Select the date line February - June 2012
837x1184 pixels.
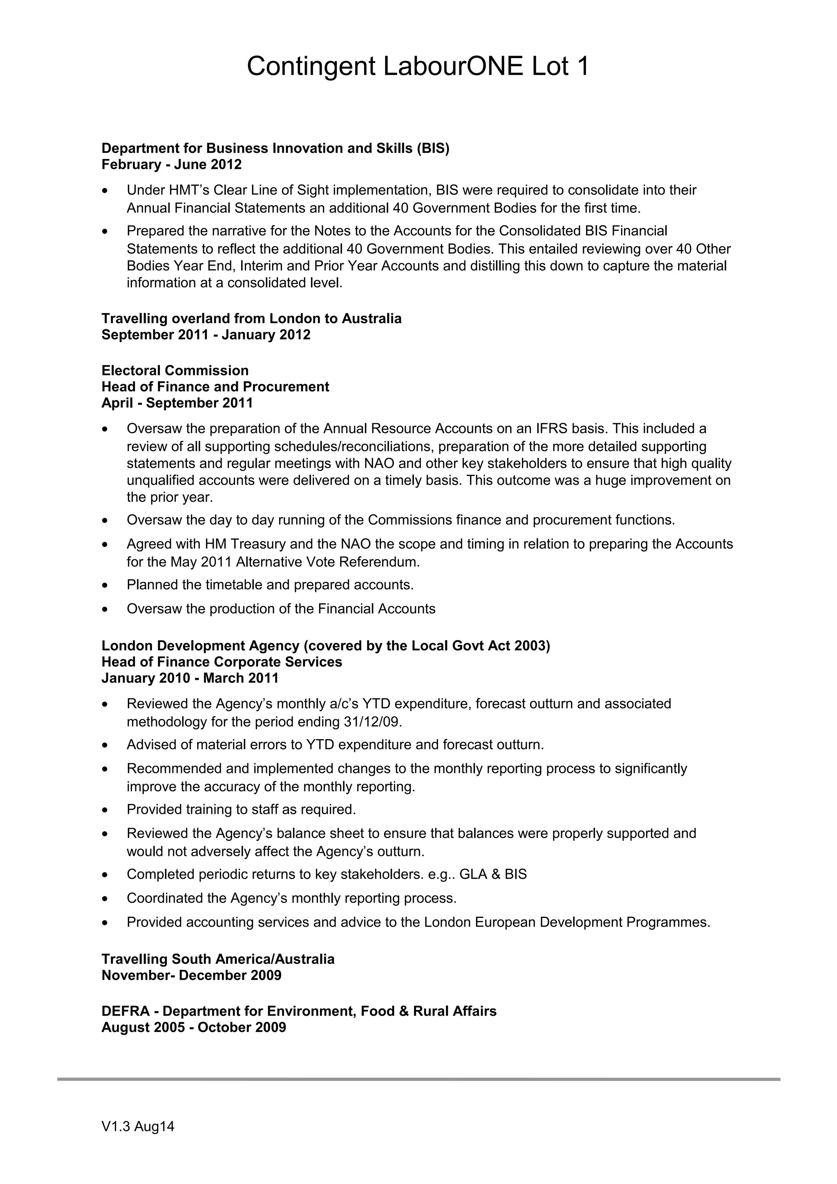click(171, 165)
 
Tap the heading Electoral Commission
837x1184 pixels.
click(175, 370)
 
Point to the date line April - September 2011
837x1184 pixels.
click(177, 403)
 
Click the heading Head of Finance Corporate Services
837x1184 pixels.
click(222, 661)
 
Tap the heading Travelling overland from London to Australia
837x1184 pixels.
click(251, 318)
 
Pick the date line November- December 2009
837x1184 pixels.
click(191, 975)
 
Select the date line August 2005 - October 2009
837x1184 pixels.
click(193, 1027)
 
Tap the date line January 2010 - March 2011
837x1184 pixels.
click(190, 678)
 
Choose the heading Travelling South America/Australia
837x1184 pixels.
click(218, 959)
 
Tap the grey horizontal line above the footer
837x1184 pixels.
click(418, 1079)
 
